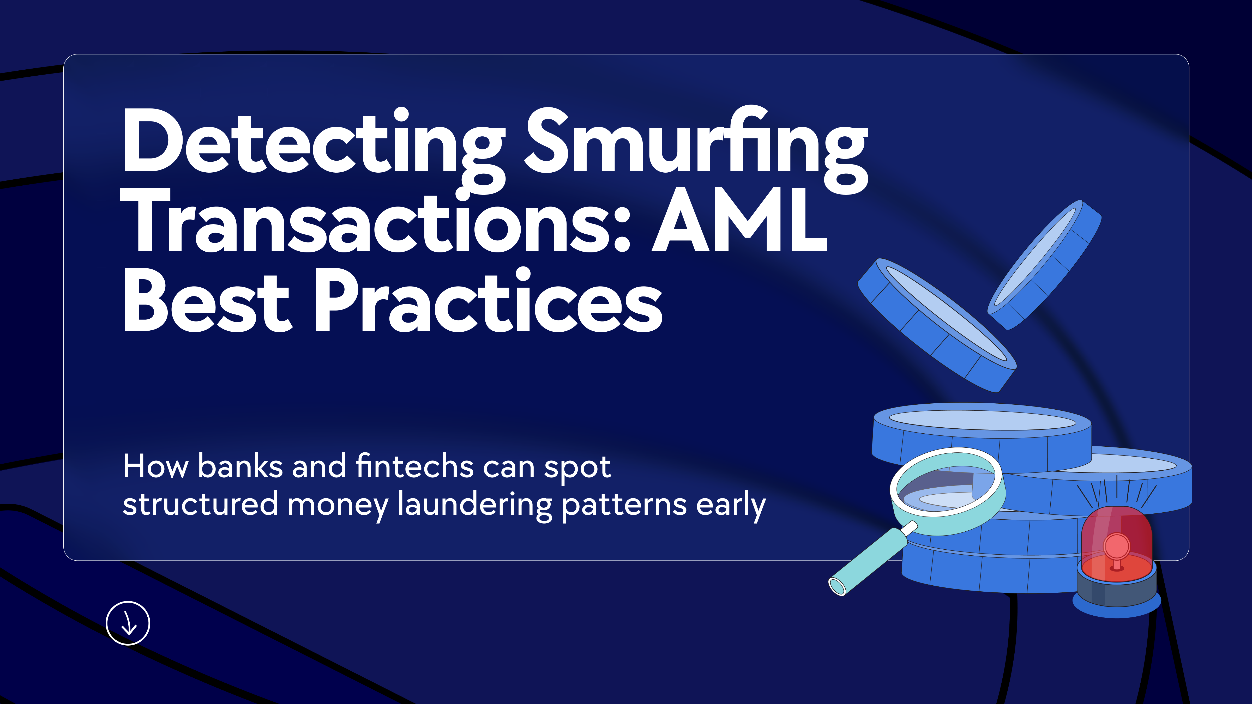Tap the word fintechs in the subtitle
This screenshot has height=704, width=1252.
point(414,466)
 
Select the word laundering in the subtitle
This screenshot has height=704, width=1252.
point(475,505)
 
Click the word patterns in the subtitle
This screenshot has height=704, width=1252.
point(624,506)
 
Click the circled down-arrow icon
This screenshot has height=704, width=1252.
point(128,623)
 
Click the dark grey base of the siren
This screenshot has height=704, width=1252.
point(1116,590)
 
